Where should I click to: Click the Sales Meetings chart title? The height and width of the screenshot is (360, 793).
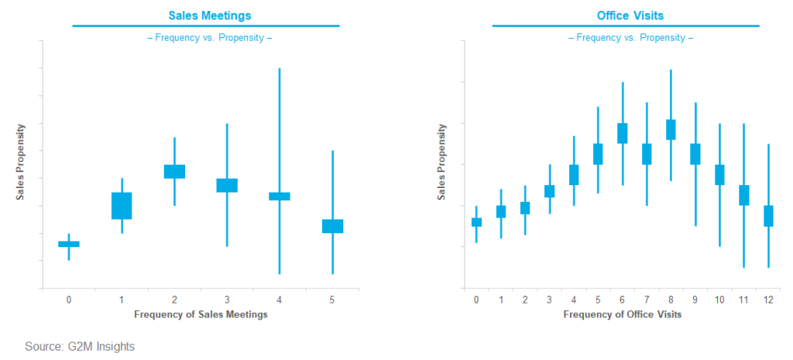pyautogui.click(x=205, y=15)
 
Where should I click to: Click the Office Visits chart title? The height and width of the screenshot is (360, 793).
pyautogui.click(x=625, y=15)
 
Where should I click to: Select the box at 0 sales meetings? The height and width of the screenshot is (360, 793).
pyautogui.click(x=69, y=244)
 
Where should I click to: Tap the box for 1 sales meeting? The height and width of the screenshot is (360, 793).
pyautogui.click(x=122, y=206)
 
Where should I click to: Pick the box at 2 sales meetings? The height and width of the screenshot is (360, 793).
pyautogui.click(x=174, y=172)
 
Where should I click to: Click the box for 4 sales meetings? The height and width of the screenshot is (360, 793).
pyautogui.click(x=280, y=196)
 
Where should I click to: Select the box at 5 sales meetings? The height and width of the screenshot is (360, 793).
pyautogui.click(x=332, y=226)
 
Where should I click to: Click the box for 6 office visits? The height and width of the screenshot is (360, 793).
pyautogui.click(x=622, y=133)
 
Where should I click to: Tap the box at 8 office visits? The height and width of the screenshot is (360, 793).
pyautogui.click(x=671, y=130)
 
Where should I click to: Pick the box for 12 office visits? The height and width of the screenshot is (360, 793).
pyautogui.click(x=768, y=216)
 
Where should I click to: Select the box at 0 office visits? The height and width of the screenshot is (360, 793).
pyautogui.click(x=476, y=222)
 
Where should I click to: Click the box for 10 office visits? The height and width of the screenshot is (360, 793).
pyautogui.click(x=719, y=175)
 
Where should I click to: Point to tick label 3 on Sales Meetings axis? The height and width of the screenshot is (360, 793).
pyautogui.click(x=227, y=300)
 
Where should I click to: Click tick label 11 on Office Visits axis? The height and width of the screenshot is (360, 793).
pyautogui.click(x=743, y=300)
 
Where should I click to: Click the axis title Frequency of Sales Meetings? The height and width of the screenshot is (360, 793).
pyautogui.click(x=201, y=314)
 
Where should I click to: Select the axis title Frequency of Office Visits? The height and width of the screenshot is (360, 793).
pyautogui.click(x=622, y=314)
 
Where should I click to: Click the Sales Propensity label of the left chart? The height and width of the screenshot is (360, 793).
pyautogui.click(x=21, y=161)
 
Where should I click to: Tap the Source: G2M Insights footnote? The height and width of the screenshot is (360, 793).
pyautogui.click(x=74, y=346)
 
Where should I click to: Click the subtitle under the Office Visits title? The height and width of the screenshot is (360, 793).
pyautogui.click(x=625, y=37)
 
